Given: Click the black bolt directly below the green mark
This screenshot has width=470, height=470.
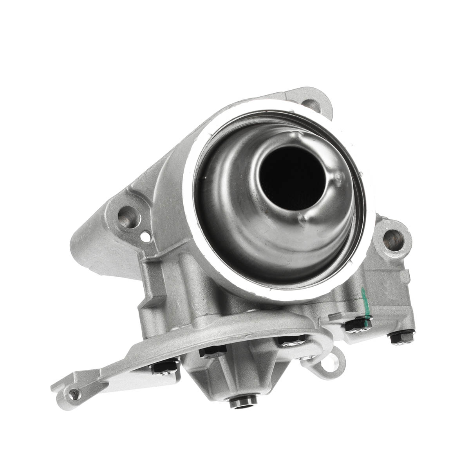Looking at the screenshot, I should pos(357,326).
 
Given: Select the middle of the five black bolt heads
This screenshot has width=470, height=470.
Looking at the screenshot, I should pos(290,342).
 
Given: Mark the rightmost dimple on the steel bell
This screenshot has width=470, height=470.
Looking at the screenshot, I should pos(338,178).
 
